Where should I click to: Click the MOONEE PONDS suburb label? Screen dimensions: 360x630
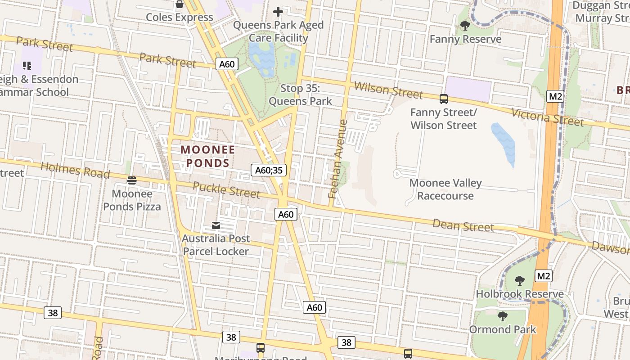pyautogui.click(x=208, y=156)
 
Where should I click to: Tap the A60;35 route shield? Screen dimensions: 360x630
pyautogui.click(x=269, y=170)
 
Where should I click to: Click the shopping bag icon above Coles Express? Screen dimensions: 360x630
pyautogui.click(x=180, y=4)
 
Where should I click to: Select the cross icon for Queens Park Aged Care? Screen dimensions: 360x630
pyautogui.click(x=278, y=12)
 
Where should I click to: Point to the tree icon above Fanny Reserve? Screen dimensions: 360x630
pyautogui.click(x=465, y=26)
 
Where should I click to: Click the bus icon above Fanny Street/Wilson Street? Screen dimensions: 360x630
pyautogui.click(x=444, y=99)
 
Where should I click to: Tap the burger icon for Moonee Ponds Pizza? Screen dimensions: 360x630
pyautogui.click(x=132, y=180)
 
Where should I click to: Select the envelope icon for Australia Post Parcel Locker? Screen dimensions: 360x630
pyautogui.click(x=216, y=225)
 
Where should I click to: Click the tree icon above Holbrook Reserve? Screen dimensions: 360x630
pyautogui.click(x=520, y=281)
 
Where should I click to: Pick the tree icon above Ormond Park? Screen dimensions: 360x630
pyautogui.click(x=503, y=316)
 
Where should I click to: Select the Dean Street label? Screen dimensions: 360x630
pyautogui.click(x=463, y=225)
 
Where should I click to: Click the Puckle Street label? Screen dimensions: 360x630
pyautogui.click(x=226, y=190)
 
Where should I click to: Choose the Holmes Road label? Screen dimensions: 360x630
pyautogui.click(x=75, y=170)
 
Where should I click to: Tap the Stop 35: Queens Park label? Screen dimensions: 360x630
pyautogui.click(x=300, y=95)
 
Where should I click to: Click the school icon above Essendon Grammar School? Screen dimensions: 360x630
pyautogui.click(x=27, y=66)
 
